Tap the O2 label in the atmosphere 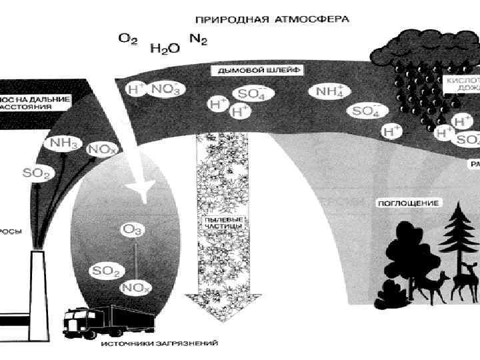[128, 39]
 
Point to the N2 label [198, 39]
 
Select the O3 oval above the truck [130, 229]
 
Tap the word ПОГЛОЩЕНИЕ [408, 202]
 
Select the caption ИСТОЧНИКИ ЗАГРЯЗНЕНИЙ [160, 344]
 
